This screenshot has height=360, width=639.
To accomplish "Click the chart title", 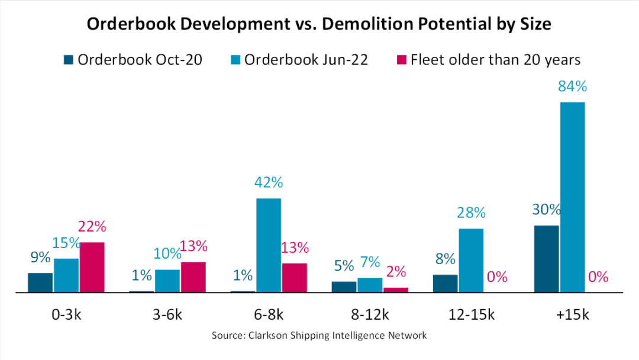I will point(319,24).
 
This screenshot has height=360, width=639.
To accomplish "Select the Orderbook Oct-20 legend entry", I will point(133,60).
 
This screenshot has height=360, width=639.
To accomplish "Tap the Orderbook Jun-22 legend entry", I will point(299,60).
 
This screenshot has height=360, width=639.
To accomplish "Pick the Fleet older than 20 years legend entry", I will point(489,60).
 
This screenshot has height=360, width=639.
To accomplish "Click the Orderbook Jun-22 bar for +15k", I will point(572,197).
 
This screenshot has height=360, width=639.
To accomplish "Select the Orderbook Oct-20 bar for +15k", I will point(546,259).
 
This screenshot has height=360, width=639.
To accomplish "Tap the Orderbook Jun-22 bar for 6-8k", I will point(269,245).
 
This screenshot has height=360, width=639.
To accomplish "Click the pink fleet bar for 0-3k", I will point(92,267).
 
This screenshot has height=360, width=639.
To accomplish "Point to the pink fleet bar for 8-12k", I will point(396,290).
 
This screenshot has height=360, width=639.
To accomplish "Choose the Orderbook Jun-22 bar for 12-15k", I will point(471,261).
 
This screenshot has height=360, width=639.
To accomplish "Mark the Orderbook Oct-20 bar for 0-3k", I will point(40,282).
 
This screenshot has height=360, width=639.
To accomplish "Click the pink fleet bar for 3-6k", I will point(193,277).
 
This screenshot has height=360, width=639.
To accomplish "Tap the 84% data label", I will point(572,87).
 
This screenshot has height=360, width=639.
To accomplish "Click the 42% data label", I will point(269,183).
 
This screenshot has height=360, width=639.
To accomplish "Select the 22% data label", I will point(92,227).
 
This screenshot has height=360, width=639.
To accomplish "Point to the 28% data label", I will point(471,213).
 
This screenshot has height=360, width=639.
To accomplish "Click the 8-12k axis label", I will point(370,314).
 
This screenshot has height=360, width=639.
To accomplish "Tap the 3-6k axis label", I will point(167,314).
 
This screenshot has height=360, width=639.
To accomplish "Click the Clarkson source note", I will point(319,336).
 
